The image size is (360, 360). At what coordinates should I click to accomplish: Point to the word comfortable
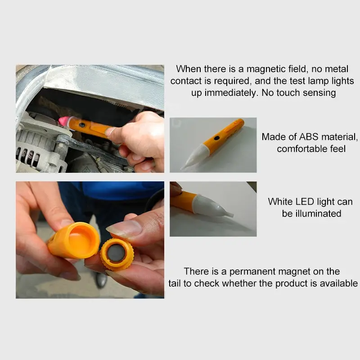[300, 148]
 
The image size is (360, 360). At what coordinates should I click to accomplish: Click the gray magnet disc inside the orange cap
[116, 253]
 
